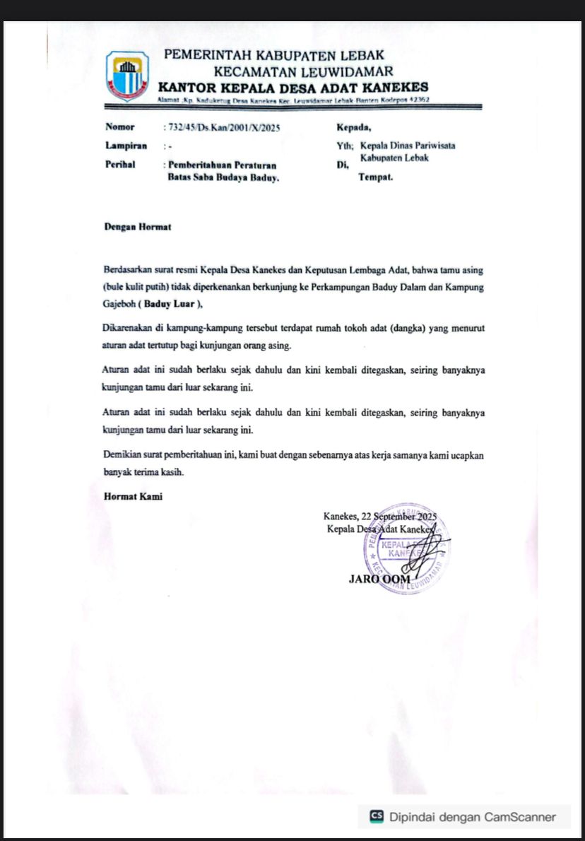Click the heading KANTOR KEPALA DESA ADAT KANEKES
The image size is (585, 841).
[x=293, y=87]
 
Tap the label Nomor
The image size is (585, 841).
[x=119, y=128]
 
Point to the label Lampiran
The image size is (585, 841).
[x=126, y=146]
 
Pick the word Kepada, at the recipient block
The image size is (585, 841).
[x=354, y=128]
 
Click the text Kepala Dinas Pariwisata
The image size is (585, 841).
[x=406, y=146]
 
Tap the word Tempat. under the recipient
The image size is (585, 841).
[x=376, y=177]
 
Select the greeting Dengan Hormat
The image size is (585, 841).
[x=137, y=228]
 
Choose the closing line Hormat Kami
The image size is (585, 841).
[x=133, y=497]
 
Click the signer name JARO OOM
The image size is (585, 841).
[x=379, y=580]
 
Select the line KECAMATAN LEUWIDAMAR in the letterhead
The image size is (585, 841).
[x=303, y=71]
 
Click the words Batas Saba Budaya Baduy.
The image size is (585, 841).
[x=223, y=179]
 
